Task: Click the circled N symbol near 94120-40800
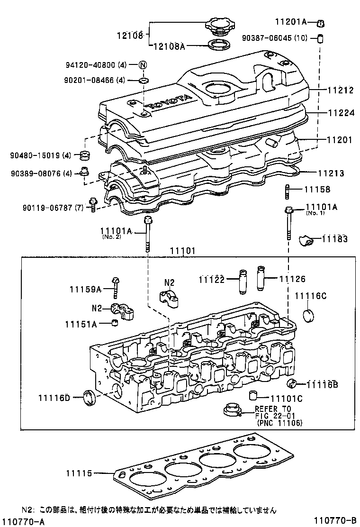[143, 65]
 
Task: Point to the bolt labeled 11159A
[116, 287]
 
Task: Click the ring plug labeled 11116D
[89, 397]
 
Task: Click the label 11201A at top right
[291, 22]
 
